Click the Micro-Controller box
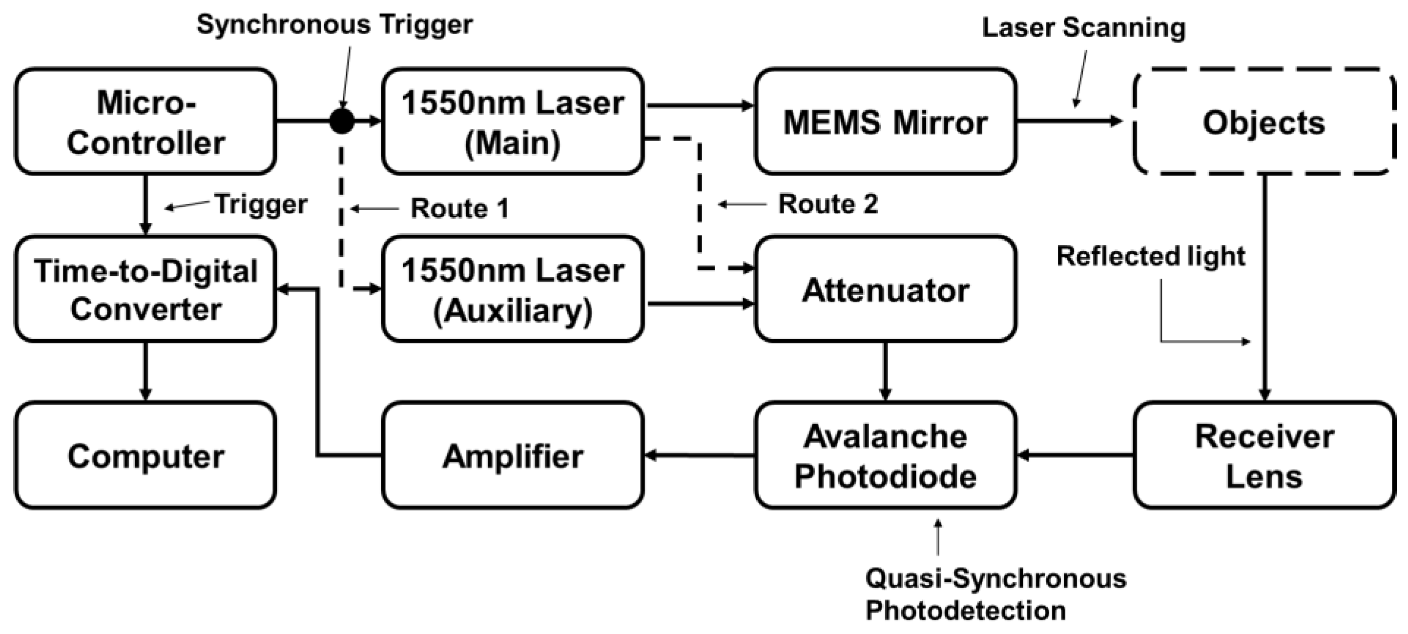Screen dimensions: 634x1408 pos(145,122)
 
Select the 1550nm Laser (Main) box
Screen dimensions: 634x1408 pos(512,122)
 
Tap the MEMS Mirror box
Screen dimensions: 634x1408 pos(885,122)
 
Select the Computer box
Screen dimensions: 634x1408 pos(145,455)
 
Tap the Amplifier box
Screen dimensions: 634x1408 pos(512,455)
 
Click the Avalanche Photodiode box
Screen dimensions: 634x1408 pos(885,455)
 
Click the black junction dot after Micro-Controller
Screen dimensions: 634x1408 pos(342,121)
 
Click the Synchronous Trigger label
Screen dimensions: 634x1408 pos(334,24)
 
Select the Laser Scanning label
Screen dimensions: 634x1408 pos(1083,27)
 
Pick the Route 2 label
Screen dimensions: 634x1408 pos(828,204)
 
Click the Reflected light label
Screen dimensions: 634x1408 pos(1151,256)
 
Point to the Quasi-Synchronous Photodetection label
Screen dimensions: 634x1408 pos(995,594)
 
